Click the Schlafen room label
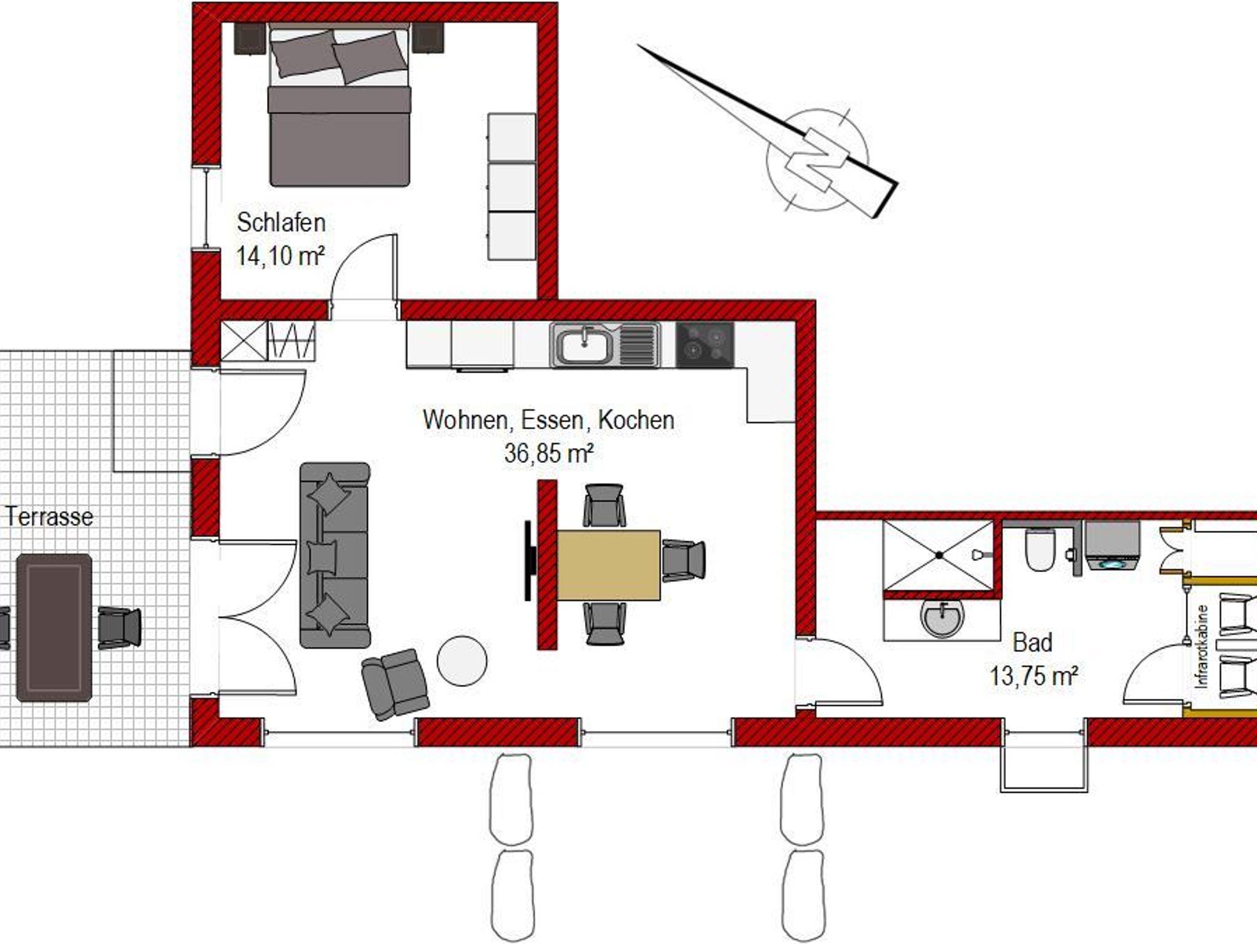click(281, 223)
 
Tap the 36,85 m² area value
click(549, 454)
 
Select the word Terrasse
click(49, 517)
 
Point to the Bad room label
click(1032, 643)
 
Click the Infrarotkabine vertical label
click(1202, 646)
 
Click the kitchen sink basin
click(584, 345)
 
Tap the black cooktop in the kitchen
click(705, 344)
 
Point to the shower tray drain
click(939, 555)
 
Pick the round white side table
click(462, 661)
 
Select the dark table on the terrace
click(54, 627)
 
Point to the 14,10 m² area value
click(280, 255)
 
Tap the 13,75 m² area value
click(1034, 676)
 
